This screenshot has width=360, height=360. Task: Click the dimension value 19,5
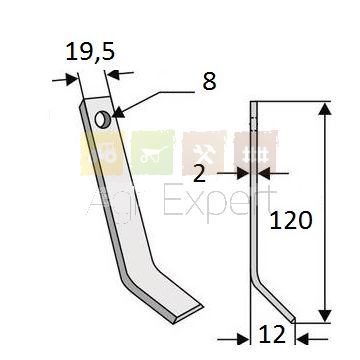pos(90,52)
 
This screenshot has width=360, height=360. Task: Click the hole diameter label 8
pos(209,81)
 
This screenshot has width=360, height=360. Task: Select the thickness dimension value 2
pos(199,173)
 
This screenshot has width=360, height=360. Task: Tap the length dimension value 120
pos(291,220)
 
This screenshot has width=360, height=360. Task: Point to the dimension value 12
pos(272,334)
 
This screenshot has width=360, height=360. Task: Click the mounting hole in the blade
pos(101,120)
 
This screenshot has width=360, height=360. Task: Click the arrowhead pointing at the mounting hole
pos(119,113)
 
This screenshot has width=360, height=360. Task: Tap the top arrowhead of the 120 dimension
pos(325,109)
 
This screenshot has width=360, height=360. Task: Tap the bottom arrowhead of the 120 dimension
pos(325,316)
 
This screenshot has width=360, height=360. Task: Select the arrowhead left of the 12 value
pos(243,339)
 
